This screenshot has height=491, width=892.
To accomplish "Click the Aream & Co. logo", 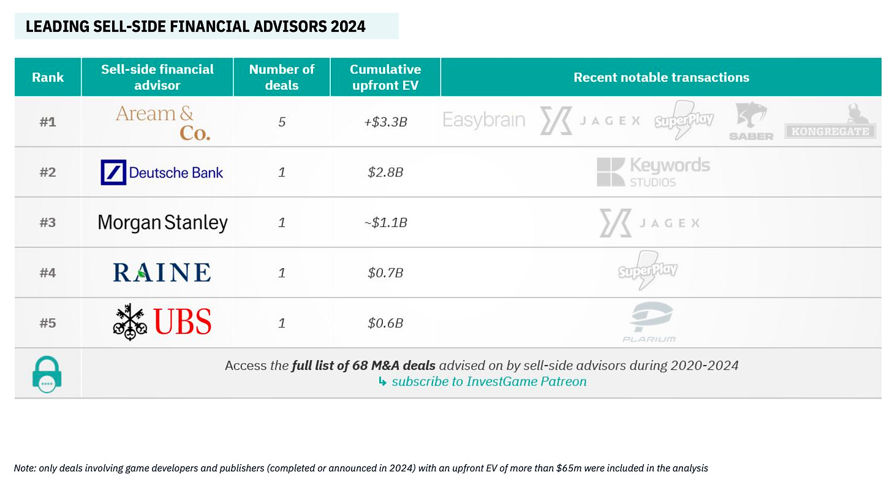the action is tap(163, 123).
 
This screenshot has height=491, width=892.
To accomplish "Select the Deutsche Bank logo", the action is tap(162, 172).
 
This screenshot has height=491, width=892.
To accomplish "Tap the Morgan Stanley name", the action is tap(162, 222).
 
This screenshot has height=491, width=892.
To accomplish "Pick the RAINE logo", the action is tap(162, 272).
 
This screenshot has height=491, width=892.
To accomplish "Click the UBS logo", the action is tap(162, 322).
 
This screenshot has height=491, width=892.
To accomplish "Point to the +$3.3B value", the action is tap(385, 122).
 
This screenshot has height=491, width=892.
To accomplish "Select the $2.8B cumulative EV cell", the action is tap(385, 172).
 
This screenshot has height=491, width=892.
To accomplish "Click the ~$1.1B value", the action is tap(385, 222).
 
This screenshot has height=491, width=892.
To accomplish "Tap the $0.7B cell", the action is tap(385, 272).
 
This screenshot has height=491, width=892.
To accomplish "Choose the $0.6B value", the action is tap(385, 323).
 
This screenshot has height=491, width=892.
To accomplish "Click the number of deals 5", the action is tap(282, 122).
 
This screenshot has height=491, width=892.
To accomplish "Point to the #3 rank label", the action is tap(48, 222).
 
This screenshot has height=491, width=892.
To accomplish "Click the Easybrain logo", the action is tap(484, 120).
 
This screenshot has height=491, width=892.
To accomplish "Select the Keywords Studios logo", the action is tap(653, 172).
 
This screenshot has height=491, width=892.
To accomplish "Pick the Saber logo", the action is tap(752, 121).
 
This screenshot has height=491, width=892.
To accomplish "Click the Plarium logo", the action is tap(650, 322).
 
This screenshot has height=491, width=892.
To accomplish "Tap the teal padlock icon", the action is tap(47, 375).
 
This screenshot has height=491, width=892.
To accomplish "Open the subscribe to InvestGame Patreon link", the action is tap(489, 381).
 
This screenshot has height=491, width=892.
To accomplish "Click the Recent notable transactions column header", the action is tap(661, 77).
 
